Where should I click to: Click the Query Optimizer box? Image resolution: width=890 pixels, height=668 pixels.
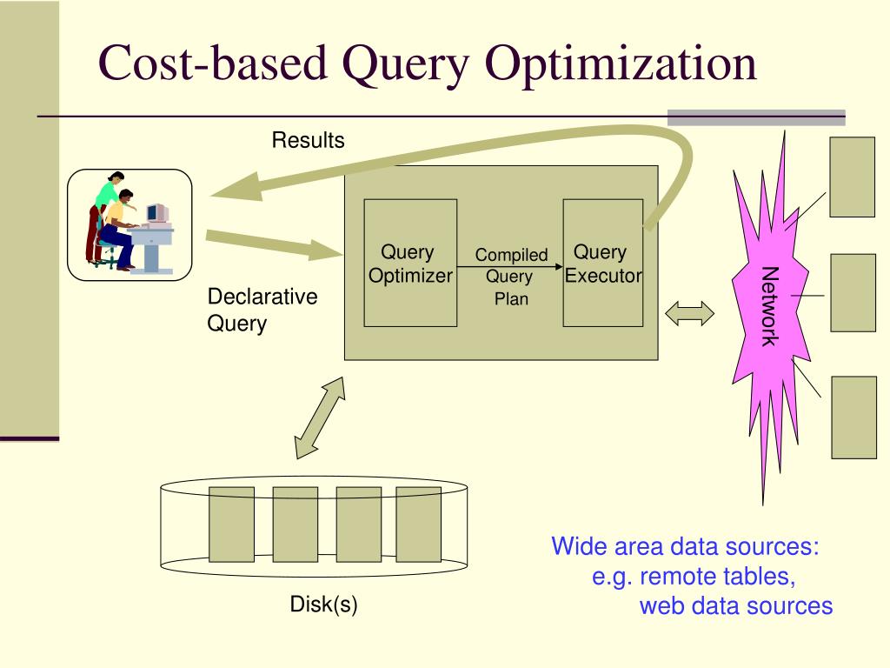[410, 263]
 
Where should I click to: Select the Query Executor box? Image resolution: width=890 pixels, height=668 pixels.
[602, 263]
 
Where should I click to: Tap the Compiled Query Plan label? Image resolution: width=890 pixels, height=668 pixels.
[510, 277]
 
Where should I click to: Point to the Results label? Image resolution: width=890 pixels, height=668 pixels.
[308, 140]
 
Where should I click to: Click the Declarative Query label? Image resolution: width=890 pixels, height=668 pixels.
[262, 310]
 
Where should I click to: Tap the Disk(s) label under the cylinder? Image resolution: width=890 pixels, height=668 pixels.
[323, 605]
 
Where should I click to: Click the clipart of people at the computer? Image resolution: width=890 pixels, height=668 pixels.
[130, 224]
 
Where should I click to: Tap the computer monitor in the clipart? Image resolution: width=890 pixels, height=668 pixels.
[156, 213]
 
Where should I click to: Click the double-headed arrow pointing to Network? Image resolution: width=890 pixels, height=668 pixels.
[689, 314]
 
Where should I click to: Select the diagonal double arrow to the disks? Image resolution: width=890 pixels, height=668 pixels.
[320, 417]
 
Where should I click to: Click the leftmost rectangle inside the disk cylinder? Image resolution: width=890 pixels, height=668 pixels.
[231, 524]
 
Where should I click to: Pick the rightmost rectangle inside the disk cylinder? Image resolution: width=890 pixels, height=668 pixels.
[419, 524]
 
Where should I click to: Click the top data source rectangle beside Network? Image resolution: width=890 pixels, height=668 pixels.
[852, 177]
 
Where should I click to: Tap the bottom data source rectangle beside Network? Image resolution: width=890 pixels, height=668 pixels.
[853, 417]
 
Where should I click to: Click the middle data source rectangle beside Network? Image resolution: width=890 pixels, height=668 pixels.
[853, 292]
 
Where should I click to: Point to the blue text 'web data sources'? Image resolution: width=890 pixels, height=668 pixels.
[735, 605]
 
